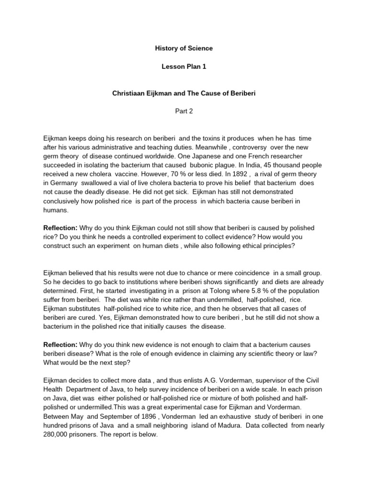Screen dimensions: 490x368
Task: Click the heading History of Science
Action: [x=184, y=48]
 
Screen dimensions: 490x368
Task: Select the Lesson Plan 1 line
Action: [x=184, y=67]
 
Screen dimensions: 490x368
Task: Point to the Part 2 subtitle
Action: [x=184, y=111]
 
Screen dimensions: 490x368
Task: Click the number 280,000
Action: [x=57, y=434]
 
